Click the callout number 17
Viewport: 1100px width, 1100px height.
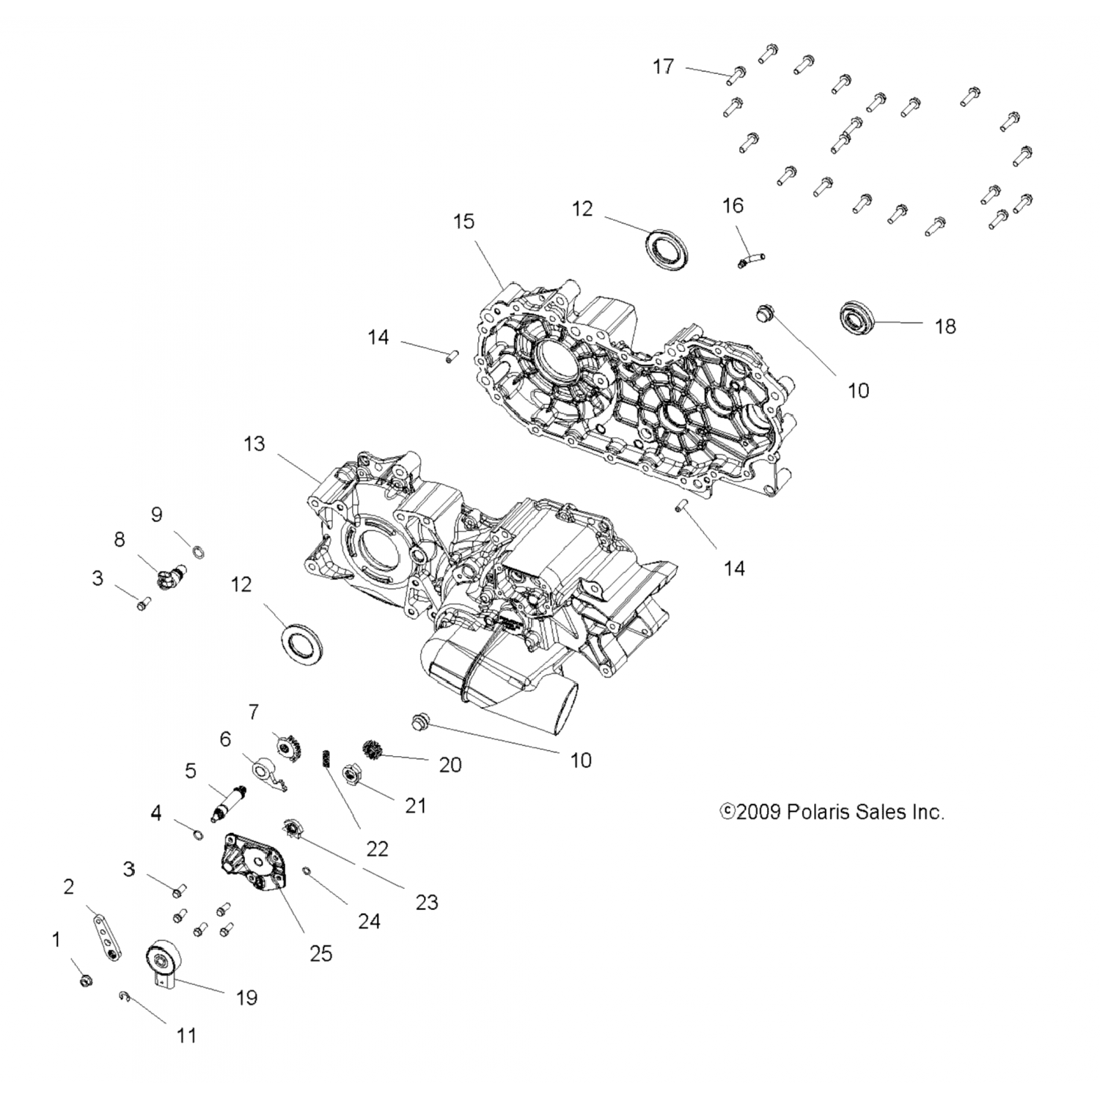click(x=663, y=67)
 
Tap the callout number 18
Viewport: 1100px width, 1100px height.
click(x=945, y=326)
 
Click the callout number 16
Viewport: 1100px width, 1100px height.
click(x=733, y=206)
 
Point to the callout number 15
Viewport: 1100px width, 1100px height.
click(x=464, y=221)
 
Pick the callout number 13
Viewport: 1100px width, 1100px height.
click(x=254, y=444)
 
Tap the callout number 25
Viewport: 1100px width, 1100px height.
click(x=321, y=953)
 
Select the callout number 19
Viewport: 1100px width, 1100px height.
click(x=247, y=997)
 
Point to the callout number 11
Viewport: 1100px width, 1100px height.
click(x=187, y=1035)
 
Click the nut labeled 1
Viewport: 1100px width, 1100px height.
click(x=85, y=980)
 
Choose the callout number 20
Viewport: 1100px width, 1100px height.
click(x=450, y=765)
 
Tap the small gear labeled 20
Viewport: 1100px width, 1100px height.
click(x=373, y=750)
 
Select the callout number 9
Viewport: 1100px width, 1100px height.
click(x=156, y=514)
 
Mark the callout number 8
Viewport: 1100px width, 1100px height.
click(x=120, y=539)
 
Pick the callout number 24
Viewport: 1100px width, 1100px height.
click(x=369, y=921)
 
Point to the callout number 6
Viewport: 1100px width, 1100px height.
click(x=225, y=738)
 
